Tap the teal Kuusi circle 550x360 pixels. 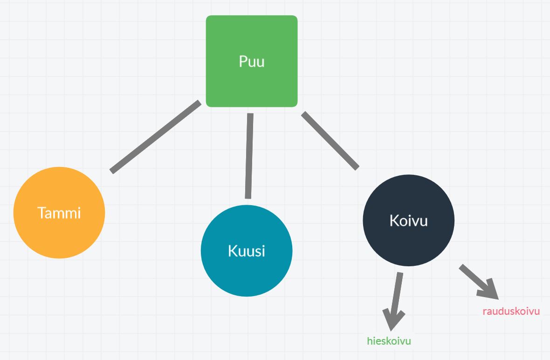[247, 275]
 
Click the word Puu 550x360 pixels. [252, 62]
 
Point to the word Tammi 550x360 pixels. [59, 213]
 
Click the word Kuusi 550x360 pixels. [247, 251]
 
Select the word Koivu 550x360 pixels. [408, 220]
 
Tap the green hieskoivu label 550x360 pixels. [389, 341]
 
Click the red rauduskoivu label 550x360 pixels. [511, 311]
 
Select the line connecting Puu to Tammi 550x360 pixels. [156, 136]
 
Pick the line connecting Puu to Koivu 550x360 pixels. [330, 139]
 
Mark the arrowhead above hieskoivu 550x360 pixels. [393, 319]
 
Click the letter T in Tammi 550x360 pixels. [41, 213]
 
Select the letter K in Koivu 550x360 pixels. [393, 220]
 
